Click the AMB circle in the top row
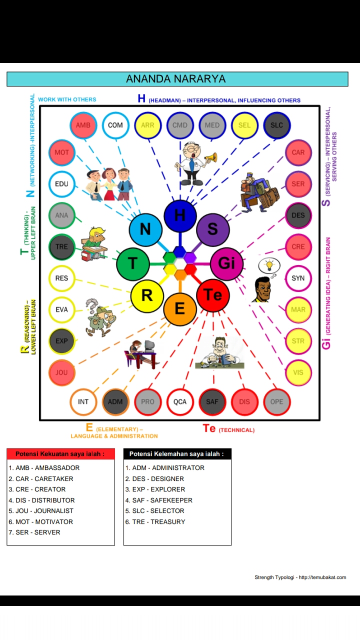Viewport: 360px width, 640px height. tap(83, 125)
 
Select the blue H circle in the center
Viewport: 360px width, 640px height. tap(180, 215)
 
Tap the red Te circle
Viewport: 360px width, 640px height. tap(213, 295)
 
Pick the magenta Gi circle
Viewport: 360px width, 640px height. tap(226, 263)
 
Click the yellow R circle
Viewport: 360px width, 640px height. tap(147, 295)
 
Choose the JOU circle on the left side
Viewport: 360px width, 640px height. tap(61, 372)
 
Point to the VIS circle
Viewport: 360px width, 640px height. tap(298, 372)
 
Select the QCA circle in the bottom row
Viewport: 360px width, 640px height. tap(180, 401)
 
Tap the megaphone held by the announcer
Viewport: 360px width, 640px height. tap(210, 158)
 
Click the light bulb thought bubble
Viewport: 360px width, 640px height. tap(269, 265)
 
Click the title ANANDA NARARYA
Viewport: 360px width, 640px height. tap(176, 79)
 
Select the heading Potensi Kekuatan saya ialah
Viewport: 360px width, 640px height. tap(60, 454)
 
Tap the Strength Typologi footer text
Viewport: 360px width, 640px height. tap(300, 577)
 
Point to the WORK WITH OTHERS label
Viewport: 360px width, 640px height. tap(67, 99)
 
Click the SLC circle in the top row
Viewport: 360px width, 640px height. tap(276, 125)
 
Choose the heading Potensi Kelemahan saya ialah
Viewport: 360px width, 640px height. tap(177, 454)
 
